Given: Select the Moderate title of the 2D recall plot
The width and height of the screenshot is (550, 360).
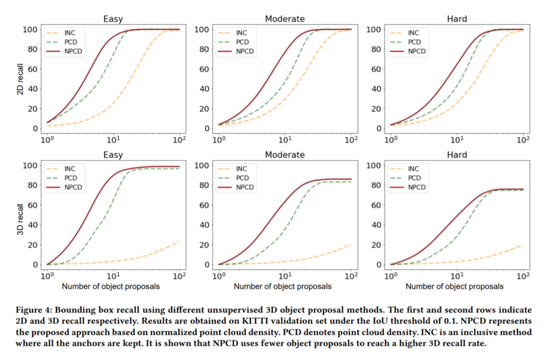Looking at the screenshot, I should pyautogui.click(x=285, y=19).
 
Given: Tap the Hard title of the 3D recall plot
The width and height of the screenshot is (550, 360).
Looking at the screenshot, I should pyautogui.click(x=457, y=155).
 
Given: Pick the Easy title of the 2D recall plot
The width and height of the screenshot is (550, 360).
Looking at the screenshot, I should pyautogui.click(x=113, y=19).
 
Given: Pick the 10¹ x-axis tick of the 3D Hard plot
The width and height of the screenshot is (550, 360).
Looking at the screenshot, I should pyautogui.click(x=457, y=276).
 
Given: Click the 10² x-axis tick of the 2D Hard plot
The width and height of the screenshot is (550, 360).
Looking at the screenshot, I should pyautogui.click(x=523, y=140).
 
